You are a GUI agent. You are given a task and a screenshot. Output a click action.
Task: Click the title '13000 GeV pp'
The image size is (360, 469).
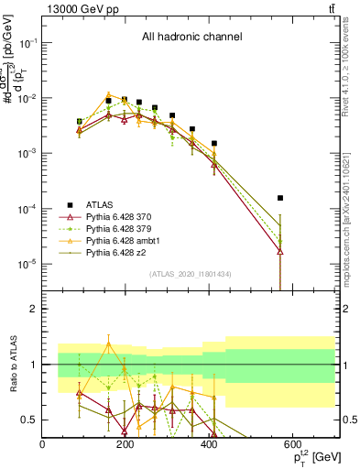pos(76,8)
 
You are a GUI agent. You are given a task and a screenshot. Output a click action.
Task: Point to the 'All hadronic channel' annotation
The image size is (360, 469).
pos(191,38)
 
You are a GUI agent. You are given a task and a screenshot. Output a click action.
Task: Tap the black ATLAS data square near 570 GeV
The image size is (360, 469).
pos(280,198)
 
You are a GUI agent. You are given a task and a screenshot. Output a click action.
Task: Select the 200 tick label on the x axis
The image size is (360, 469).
pos(123,443)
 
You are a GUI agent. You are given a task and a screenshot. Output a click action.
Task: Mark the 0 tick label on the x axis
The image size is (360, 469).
pos(42,443)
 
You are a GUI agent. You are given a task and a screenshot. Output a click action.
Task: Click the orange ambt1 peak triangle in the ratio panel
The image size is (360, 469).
pos(110,344)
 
